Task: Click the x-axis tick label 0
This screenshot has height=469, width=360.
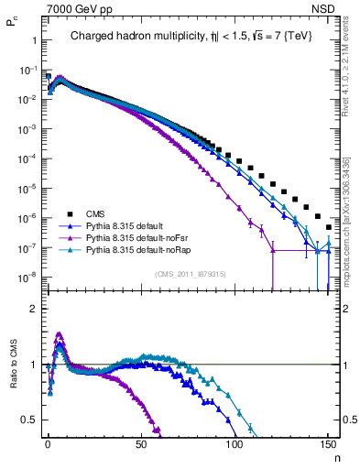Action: point(48,442)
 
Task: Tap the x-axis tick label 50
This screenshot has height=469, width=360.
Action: point(141,442)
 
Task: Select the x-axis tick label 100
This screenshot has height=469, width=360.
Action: point(235,442)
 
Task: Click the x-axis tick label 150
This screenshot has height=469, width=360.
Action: point(328,442)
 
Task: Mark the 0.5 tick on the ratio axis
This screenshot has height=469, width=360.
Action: point(32,420)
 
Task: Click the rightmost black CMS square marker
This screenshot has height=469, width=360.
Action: point(328,227)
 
